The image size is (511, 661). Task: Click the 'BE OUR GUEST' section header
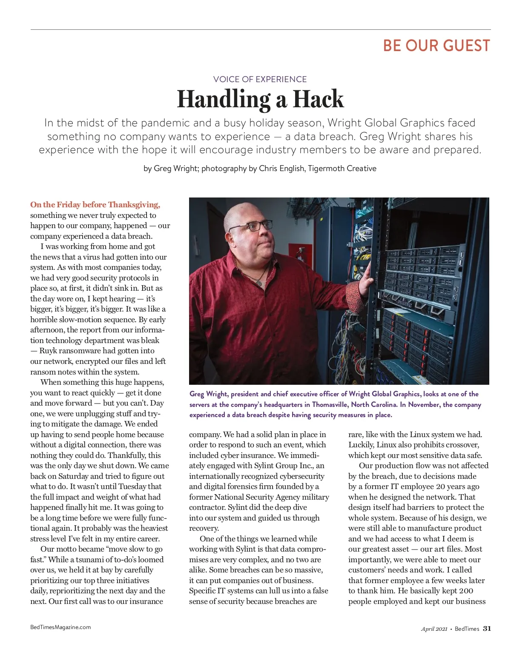(436, 46)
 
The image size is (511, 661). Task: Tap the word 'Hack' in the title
(318, 100)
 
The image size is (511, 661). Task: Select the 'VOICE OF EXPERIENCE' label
(260, 79)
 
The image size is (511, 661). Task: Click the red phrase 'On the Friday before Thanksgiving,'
(95, 205)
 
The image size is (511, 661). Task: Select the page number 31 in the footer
(487, 629)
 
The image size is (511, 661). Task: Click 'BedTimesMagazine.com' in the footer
(60, 627)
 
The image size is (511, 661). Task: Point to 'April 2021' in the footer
(434, 629)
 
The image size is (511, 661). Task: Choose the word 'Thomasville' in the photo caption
(330, 404)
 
